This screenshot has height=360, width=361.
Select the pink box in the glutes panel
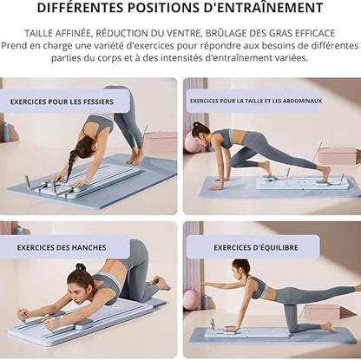pyautogui.click(x=161, y=141)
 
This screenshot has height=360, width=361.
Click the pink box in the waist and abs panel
pyautogui.click(x=338, y=155)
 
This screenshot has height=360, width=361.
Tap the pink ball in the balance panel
pyautogui.click(x=191, y=299)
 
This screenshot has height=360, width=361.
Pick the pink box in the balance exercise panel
pyautogui.click(x=322, y=311)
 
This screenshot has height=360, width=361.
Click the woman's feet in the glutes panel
pyautogui.click(x=136, y=159)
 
